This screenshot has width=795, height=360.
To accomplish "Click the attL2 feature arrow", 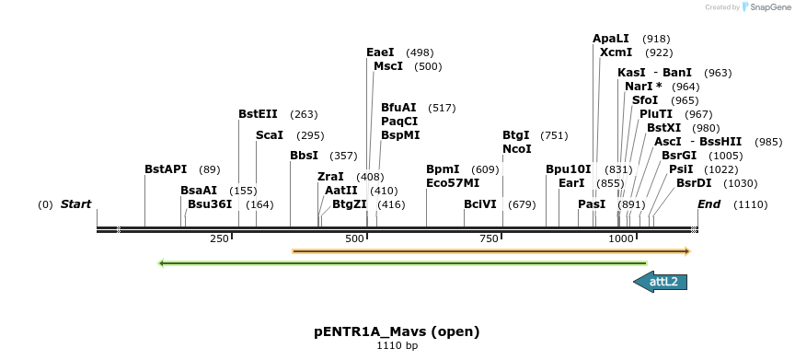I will pyautogui.click(x=662, y=282).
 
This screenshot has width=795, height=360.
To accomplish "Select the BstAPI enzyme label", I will pyautogui.click(x=166, y=169).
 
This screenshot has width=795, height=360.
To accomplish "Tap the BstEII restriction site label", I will pyautogui.click(x=258, y=114).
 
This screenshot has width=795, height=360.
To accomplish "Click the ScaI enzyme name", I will pyautogui.click(x=270, y=135).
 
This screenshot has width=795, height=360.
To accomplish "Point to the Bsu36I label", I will pyautogui.click(x=210, y=204).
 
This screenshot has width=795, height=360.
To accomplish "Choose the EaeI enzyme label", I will pyautogui.click(x=380, y=52).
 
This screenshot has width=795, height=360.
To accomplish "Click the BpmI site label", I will pyautogui.click(x=443, y=169).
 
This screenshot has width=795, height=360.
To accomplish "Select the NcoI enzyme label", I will pyautogui.click(x=516, y=149).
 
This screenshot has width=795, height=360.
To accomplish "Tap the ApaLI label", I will pyautogui.click(x=611, y=39).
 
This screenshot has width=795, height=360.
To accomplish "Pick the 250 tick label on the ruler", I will pyautogui.click(x=219, y=239).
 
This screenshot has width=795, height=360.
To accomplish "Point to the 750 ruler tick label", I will pyautogui.click(x=490, y=239).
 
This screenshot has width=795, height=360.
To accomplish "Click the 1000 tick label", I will pyautogui.click(x=621, y=239).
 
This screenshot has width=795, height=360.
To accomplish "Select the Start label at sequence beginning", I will pyautogui.click(x=76, y=204).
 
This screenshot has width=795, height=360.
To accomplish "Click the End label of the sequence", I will pyautogui.click(x=709, y=204).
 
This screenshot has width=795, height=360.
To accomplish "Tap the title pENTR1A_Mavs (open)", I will pyautogui.click(x=397, y=331).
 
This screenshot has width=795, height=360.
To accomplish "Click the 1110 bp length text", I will pyautogui.click(x=397, y=347).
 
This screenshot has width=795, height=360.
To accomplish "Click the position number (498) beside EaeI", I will pyautogui.click(x=419, y=52).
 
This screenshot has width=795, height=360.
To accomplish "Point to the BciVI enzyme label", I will pyautogui.click(x=480, y=204).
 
